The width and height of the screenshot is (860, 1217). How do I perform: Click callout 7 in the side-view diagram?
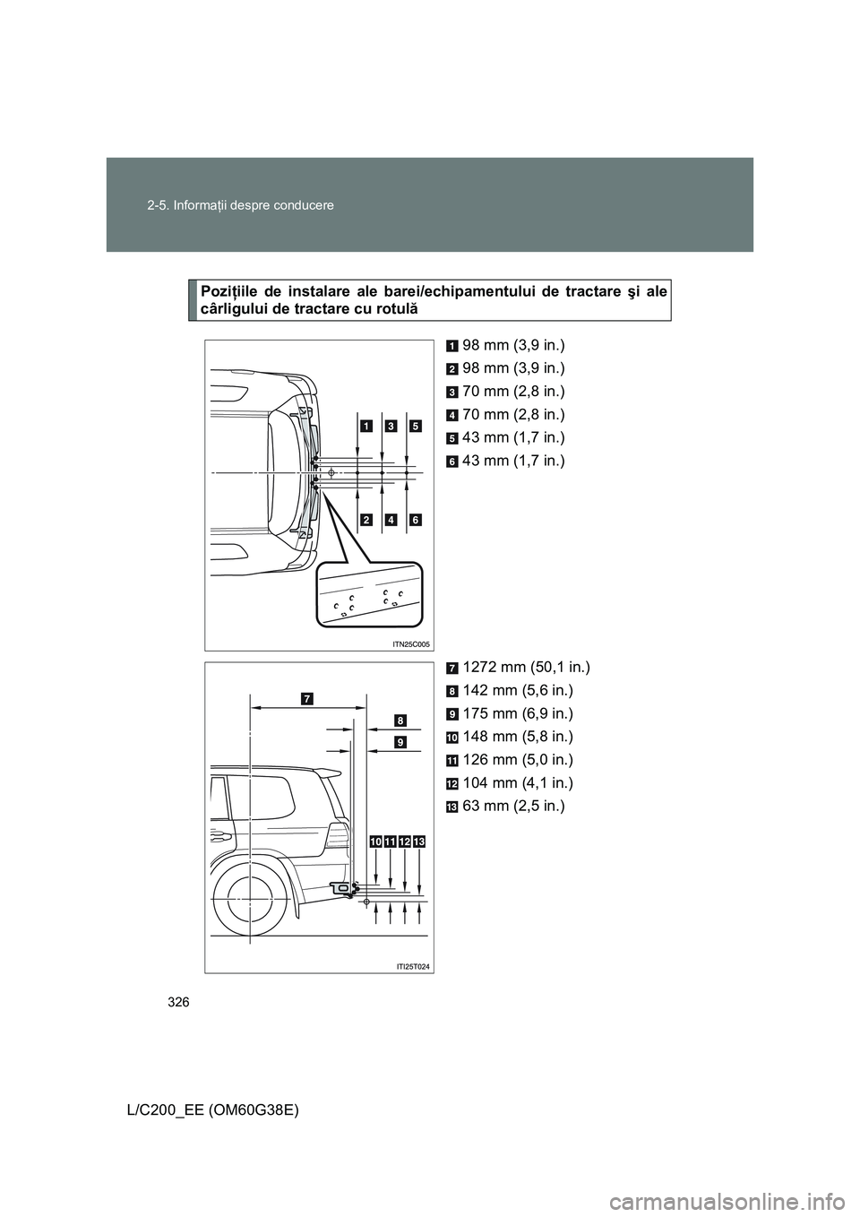(x=306, y=697)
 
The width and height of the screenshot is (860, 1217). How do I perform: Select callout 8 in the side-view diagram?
(x=399, y=719)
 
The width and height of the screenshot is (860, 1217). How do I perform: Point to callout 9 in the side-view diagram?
(x=399, y=741)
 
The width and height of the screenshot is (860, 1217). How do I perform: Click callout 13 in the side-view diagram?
(x=419, y=841)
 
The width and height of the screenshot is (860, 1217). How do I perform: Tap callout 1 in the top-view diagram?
(x=367, y=426)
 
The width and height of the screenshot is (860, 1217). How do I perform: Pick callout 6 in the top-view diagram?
(x=415, y=520)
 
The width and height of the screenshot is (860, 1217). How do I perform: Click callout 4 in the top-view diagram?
(x=391, y=520)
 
